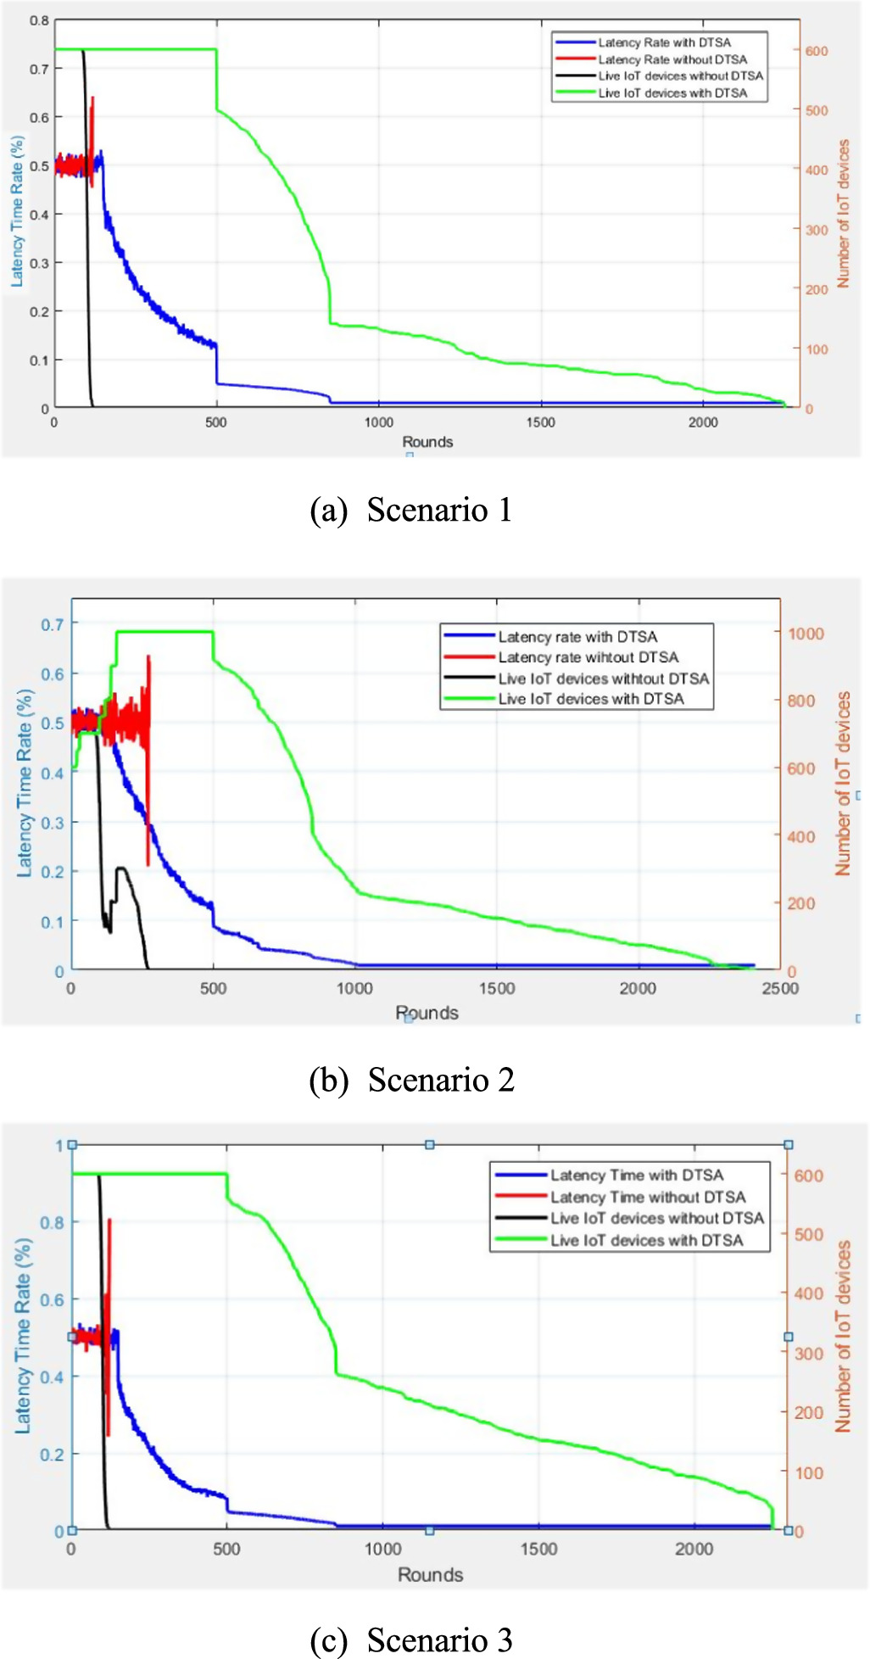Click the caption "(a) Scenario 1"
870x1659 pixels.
point(411,510)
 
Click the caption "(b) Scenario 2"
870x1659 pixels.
point(411,1080)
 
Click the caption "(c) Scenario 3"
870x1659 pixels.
point(411,1639)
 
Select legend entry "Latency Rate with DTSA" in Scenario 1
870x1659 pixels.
point(664,42)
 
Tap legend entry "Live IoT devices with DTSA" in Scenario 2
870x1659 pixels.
point(590,699)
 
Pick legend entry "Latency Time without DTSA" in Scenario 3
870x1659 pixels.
point(648,1197)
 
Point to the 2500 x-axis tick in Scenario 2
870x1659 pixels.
point(779,988)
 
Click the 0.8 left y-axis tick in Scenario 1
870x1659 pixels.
point(40,20)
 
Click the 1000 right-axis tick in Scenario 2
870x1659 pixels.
point(805,634)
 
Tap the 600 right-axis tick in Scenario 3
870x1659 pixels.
point(808,1176)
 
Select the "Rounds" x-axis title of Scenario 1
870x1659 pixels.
point(427,442)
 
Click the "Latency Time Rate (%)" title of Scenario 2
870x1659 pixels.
point(25,783)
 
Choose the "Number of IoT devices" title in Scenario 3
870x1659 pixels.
point(843,1337)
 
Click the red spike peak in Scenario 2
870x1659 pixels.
point(148,656)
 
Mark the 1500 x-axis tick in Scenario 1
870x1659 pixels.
point(540,422)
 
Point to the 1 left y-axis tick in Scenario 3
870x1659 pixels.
point(59,1146)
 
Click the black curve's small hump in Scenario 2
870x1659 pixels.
point(122,869)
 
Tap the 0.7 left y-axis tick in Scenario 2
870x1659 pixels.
point(52,624)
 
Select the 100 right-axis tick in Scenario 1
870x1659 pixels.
point(816,349)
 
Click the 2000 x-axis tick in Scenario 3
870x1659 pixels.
point(694,1549)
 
